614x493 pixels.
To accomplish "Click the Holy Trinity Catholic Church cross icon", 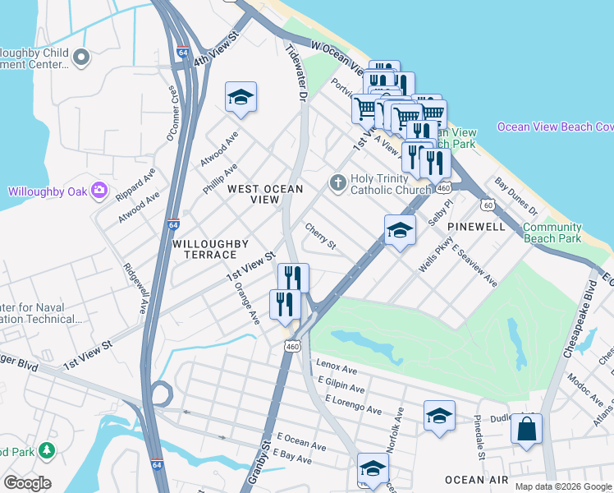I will tap(337, 182).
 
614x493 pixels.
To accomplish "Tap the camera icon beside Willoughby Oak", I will tap(99, 191).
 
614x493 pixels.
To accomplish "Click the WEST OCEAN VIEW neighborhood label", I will tap(265, 194).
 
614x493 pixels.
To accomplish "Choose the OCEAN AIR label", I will tap(476, 480).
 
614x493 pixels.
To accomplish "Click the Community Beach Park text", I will tap(552, 233).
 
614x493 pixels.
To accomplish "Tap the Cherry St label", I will tap(320, 237).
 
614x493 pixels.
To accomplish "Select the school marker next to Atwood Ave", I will tap(241, 97).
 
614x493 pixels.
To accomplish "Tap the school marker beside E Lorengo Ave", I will tap(439, 416).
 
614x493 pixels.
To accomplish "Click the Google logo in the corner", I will tap(27, 483).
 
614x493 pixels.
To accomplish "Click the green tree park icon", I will tap(47, 449).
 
